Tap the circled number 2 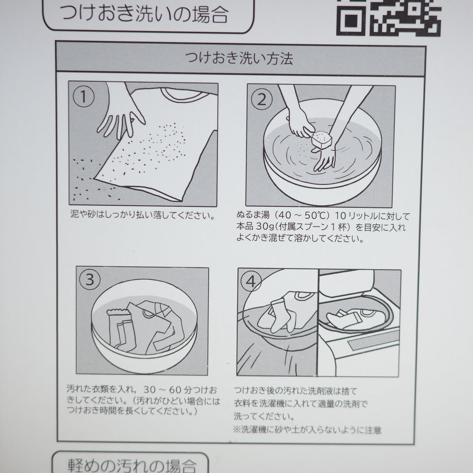(x=261, y=100)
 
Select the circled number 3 (x=90, y=280)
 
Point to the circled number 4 (x=251, y=282)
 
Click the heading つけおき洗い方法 (x=239, y=59)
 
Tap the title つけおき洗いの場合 (x=145, y=14)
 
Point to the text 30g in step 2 (x=264, y=227)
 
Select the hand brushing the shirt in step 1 (x=120, y=115)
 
